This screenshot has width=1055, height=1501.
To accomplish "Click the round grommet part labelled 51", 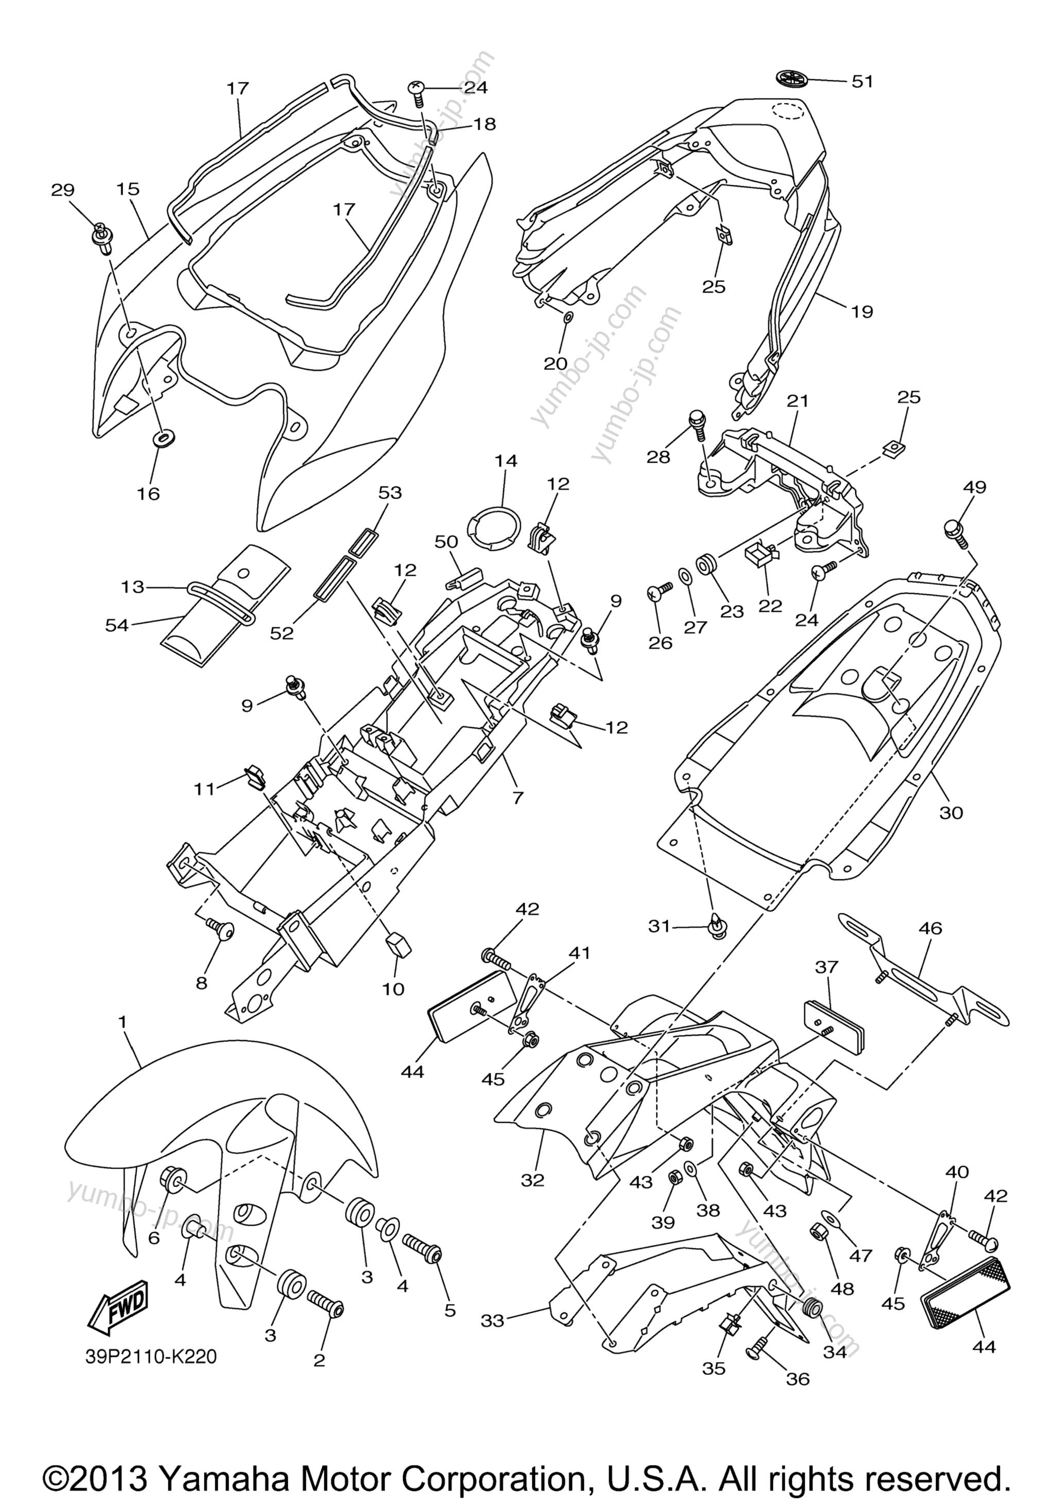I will point(793,78).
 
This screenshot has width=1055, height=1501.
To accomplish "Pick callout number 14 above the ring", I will point(506,461).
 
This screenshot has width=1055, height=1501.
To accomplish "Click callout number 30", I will point(951,813).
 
